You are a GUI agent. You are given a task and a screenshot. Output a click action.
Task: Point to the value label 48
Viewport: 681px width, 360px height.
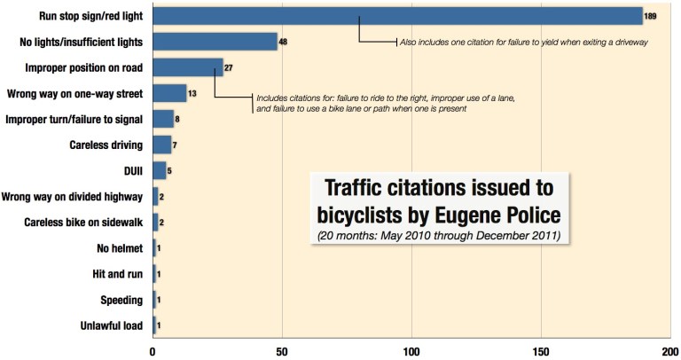click(284, 42)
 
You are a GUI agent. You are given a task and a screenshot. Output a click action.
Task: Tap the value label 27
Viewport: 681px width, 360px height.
click(230, 67)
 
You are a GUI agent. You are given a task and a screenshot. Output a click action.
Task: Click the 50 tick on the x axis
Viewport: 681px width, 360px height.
click(282, 349)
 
